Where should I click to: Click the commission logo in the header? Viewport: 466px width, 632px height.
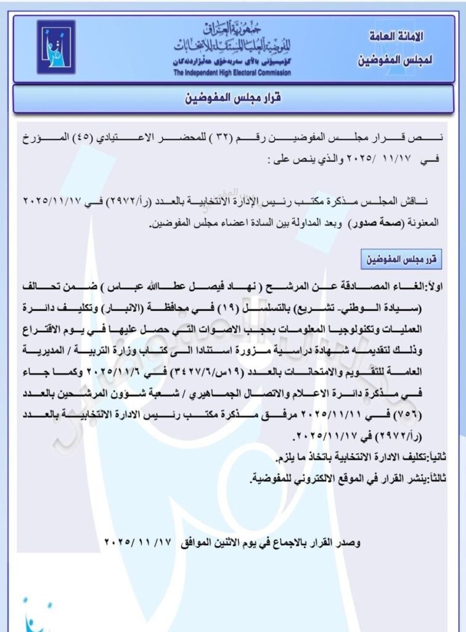(x=55, y=47)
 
